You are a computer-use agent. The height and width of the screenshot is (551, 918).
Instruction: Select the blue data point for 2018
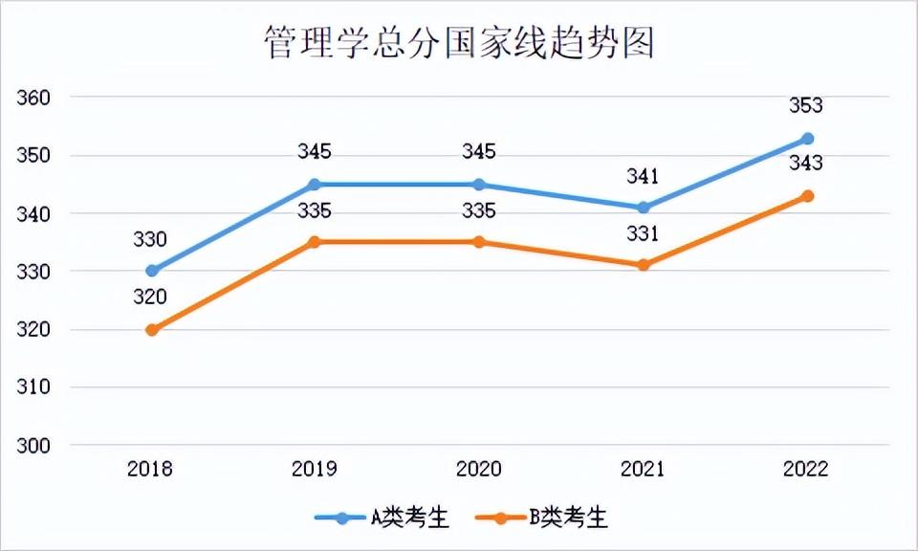click(151, 271)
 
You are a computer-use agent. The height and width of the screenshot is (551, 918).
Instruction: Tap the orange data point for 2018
click(151, 330)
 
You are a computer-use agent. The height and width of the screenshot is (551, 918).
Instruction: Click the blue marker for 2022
click(807, 139)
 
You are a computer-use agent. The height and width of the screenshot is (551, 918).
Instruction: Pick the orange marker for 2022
click(807, 196)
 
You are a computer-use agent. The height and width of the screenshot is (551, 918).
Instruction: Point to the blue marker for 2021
click(644, 208)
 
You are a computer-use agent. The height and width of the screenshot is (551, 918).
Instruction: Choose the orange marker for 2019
click(315, 242)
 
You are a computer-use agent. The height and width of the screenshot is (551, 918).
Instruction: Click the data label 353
click(806, 105)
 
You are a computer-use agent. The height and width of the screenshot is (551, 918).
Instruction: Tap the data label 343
click(806, 164)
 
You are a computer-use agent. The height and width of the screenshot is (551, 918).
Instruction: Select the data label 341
click(643, 175)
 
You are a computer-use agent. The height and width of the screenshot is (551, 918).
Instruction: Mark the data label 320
click(150, 297)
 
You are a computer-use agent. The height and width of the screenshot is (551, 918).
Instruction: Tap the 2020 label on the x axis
click(478, 469)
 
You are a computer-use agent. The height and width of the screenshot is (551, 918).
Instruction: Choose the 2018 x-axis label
click(151, 469)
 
